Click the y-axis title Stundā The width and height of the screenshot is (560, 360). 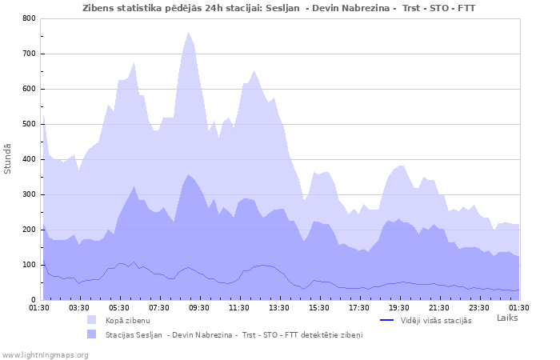(8, 158)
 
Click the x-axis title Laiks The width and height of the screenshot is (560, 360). (507, 318)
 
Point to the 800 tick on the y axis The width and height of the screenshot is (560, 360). (29, 18)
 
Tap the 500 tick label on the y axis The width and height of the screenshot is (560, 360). (29, 124)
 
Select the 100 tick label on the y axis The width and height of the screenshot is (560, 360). (29, 265)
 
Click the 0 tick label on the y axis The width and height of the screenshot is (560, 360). (33, 300)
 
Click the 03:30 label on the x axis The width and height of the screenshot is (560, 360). (79, 307)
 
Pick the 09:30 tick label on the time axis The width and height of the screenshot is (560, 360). (199, 307)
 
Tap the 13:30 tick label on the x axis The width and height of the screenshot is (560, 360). (279, 307)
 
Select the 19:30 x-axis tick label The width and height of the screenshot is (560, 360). (399, 307)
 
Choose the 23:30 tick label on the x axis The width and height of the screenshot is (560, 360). (479, 307)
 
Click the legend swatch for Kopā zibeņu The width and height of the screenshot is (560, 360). (92, 320)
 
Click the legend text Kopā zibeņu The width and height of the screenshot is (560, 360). (127, 320)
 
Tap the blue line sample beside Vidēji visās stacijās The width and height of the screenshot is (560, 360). (386, 320)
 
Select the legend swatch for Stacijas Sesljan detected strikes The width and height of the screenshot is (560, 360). (92, 334)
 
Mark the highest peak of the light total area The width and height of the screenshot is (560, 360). (188, 33)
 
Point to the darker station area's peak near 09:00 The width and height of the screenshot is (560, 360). (188, 174)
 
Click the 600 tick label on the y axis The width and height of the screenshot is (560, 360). (29, 89)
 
